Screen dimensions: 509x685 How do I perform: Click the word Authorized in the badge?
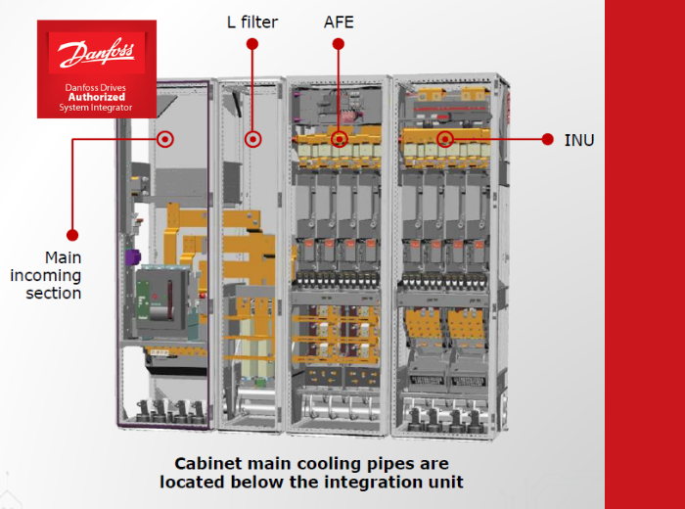click(97, 98)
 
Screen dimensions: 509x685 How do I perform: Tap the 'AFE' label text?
click(339, 22)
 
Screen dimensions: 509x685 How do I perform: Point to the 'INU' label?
click(579, 140)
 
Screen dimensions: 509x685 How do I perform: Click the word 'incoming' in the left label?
click(46, 275)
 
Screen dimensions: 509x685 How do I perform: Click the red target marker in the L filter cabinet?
click(253, 139)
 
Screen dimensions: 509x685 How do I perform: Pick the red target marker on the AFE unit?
click(340, 139)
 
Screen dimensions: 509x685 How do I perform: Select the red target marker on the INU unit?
click(445, 139)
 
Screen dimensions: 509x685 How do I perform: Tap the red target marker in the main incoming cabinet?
click(165, 139)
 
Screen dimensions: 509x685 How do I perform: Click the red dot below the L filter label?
click(252, 44)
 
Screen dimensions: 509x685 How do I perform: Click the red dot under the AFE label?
click(339, 44)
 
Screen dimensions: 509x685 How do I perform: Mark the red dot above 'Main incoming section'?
click(72, 235)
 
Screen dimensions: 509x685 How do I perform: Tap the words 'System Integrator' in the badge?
click(97, 108)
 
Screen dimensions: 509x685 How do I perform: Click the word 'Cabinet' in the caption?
click(205, 462)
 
